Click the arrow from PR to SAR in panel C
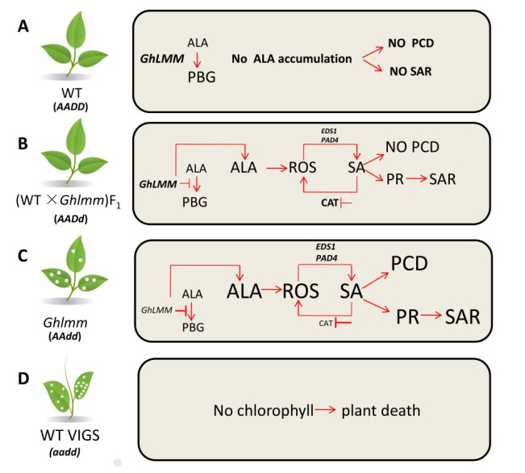[428, 317]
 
